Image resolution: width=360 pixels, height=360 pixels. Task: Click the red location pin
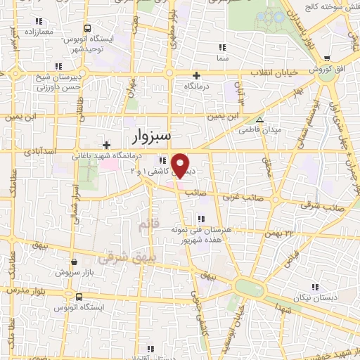coord(181,165)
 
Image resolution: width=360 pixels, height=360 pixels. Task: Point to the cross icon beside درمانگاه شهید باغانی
coord(105,145)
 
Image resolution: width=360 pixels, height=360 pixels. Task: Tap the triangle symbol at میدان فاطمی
coord(260,120)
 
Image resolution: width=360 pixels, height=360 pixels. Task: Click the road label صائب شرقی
coord(314,205)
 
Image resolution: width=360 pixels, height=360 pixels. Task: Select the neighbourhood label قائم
coord(141,224)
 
